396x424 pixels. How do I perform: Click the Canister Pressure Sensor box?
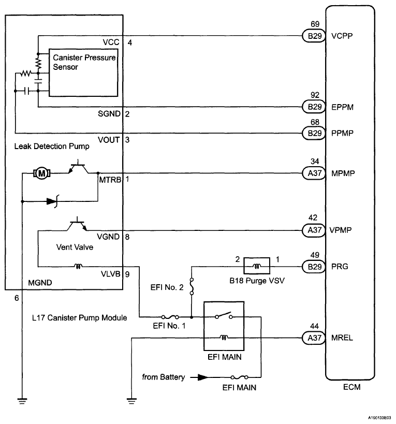point(83,72)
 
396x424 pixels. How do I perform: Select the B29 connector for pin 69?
point(312,36)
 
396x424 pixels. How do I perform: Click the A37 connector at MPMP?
point(312,173)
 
